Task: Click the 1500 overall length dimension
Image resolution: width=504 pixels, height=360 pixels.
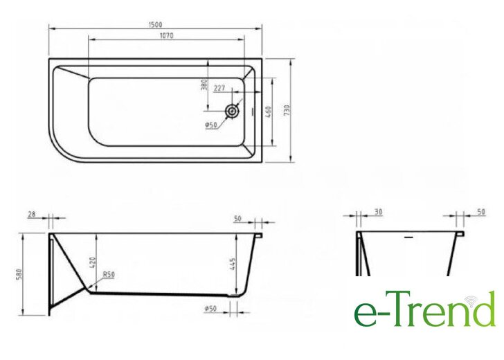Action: click(156, 24)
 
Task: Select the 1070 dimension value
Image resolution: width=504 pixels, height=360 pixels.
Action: click(166, 35)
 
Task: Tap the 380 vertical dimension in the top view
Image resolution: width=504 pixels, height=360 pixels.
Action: click(204, 85)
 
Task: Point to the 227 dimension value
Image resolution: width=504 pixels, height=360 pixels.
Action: click(219, 88)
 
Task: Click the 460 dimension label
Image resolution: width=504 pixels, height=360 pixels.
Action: click(269, 112)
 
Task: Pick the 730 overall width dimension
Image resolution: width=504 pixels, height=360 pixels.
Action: click(287, 110)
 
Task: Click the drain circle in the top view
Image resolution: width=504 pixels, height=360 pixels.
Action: click(232, 111)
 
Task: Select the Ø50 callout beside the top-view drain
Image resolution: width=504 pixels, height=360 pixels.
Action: click(211, 125)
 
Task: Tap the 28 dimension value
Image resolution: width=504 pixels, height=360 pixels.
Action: click(32, 214)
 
